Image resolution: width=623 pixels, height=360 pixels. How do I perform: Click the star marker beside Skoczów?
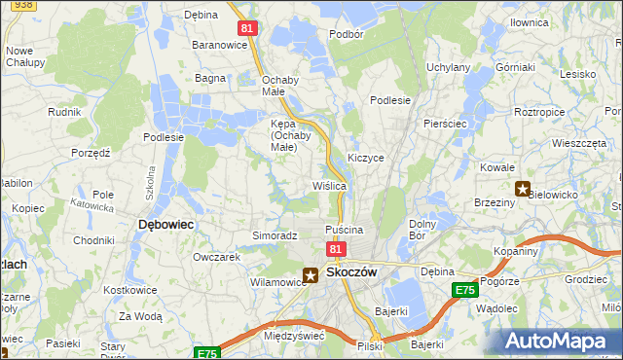pos(311,276)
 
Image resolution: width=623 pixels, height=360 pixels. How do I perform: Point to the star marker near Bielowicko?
pos(523,189)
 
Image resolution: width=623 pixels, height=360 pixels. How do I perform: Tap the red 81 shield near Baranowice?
pos(247,28)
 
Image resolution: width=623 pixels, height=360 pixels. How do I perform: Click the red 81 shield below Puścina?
pos(335,250)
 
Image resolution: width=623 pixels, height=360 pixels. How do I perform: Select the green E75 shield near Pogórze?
pos(464,290)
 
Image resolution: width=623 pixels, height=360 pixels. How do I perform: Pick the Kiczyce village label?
pos(366,157)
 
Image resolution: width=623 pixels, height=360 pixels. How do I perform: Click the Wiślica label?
pos(329,185)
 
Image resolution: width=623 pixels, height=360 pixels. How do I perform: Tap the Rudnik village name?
pos(63,112)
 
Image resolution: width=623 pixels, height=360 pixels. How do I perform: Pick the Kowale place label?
pos(496,167)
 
